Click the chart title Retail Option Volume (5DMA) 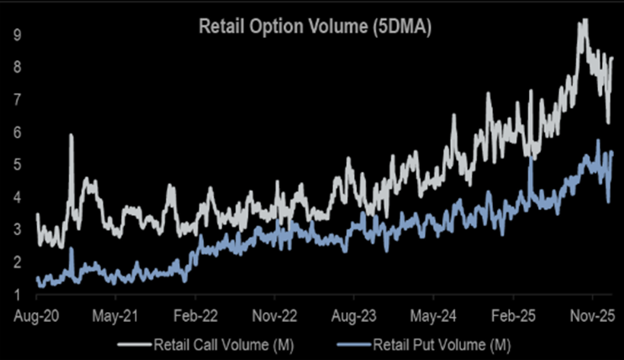click(x=315, y=27)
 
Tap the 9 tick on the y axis click(x=16, y=35)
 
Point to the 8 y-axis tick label click(x=16, y=67)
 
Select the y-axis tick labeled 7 click(x=16, y=100)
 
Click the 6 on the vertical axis click(x=16, y=132)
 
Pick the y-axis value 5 click(x=16, y=164)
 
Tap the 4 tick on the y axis click(x=16, y=197)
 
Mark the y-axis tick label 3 click(x=16, y=229)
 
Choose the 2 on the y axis click(x=16, y=262)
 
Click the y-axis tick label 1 click(x=16, y=294)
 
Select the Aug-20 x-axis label click(x=35, y=314)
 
